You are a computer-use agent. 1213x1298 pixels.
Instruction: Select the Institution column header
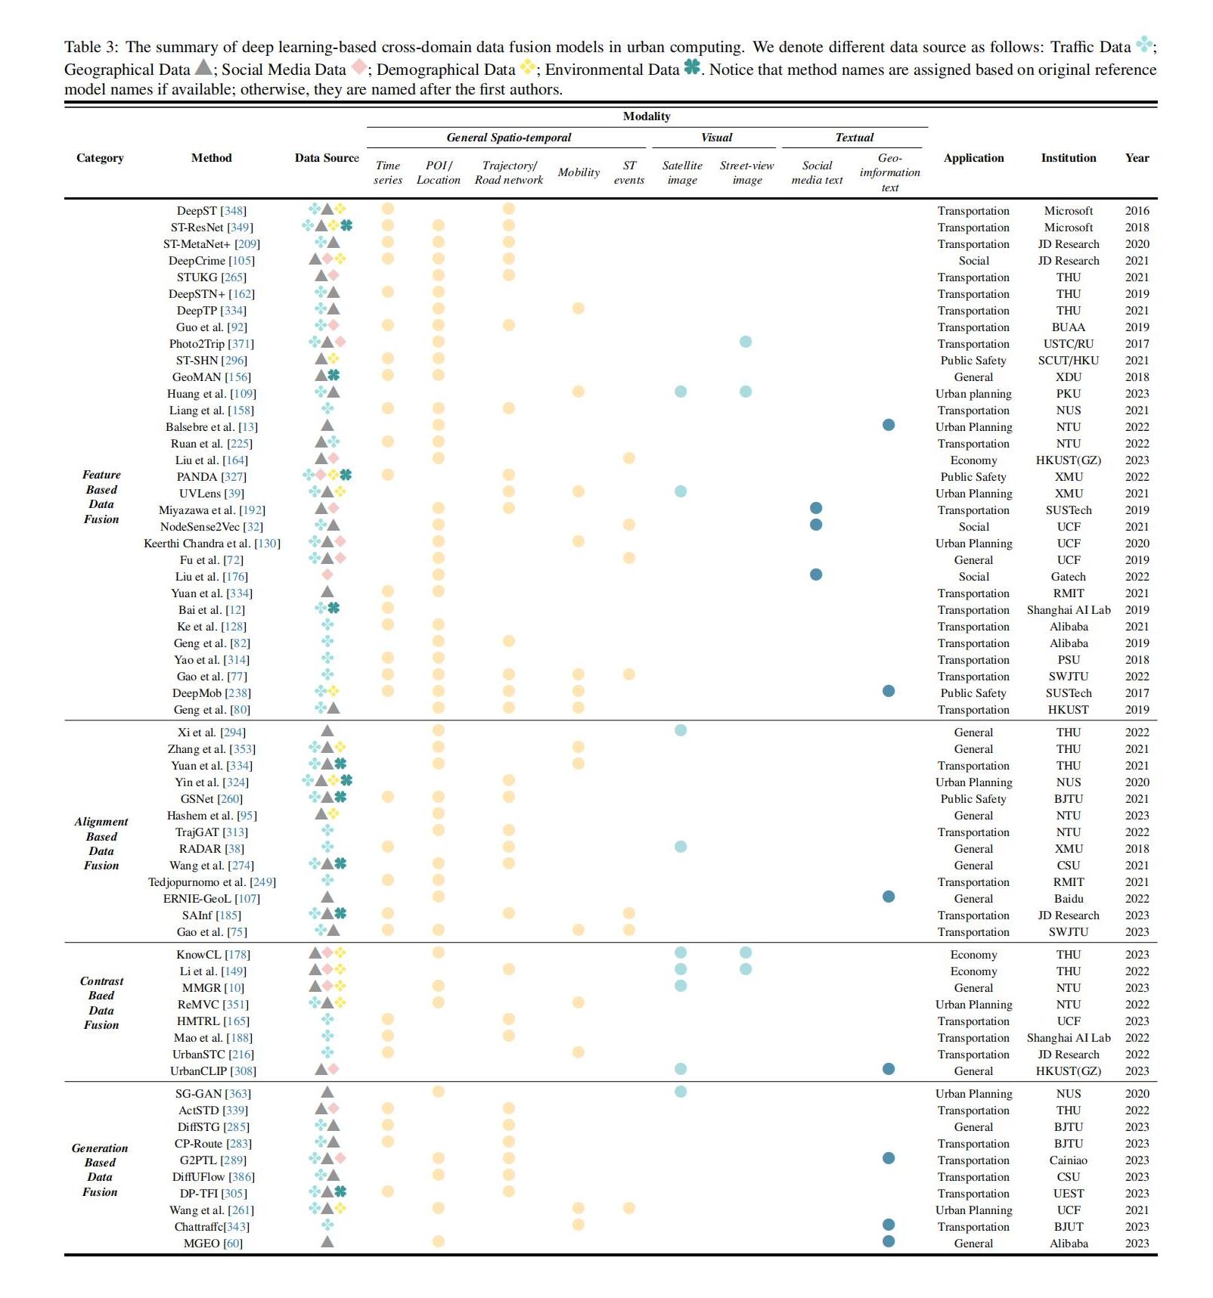[1068, 158]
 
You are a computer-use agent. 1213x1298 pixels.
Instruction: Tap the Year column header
[1137, 158]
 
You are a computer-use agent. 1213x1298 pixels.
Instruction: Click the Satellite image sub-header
[682, 172]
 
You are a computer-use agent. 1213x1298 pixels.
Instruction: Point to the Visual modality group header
[716, 138]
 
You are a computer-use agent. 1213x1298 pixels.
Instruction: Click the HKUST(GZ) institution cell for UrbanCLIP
[1068, 1071]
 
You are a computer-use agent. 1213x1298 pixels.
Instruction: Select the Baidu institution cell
[1068, 899]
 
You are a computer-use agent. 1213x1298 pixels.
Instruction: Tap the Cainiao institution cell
[1068, 1160]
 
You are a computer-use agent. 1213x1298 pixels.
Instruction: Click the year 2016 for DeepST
[1137, 211]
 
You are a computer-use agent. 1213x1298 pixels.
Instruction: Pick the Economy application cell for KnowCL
[973, 955]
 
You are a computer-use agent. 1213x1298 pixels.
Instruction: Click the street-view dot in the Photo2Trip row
[746, 342]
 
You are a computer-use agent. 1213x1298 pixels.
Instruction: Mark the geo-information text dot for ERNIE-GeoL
[889, 897]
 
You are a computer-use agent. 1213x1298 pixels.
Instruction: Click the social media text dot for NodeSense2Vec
[816, 525]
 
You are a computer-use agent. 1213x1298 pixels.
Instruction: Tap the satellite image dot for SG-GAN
[681, 1092]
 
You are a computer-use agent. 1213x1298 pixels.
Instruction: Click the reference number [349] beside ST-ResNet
[240, 228]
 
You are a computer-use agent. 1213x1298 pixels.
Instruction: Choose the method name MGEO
[201, 1244]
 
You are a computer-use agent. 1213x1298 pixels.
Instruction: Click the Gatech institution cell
[1068, 577]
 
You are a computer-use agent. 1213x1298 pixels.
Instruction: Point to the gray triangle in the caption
[203, 67]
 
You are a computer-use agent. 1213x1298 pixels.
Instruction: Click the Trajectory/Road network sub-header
[508, 172]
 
